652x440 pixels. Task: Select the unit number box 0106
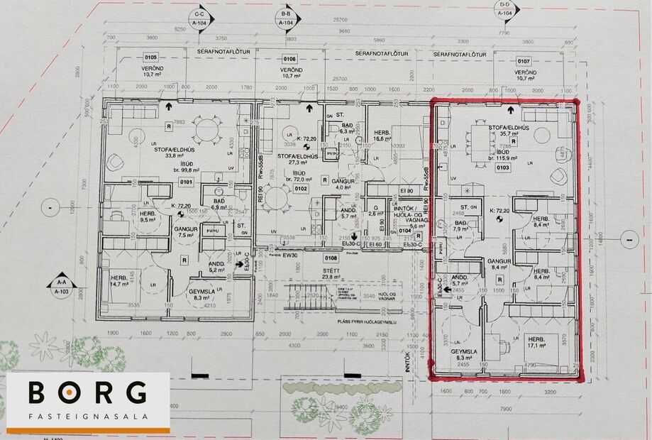pos(289,58)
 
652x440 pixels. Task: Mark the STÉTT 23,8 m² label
pos(331,274)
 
